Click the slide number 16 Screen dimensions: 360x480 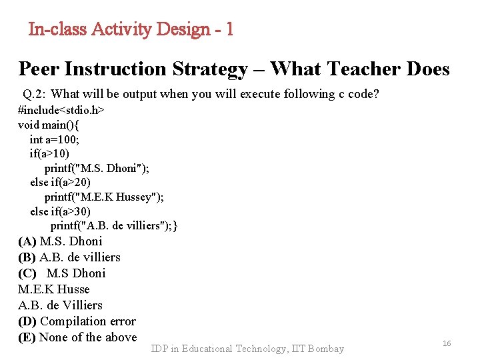447,343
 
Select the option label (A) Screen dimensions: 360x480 27,241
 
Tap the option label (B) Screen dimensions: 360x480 27,257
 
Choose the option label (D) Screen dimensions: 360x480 27,321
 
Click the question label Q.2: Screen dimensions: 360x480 34,94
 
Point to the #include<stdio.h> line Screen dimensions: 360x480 61,109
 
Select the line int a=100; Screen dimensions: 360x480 55,139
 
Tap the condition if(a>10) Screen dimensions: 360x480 49,153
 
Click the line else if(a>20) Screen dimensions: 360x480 61,182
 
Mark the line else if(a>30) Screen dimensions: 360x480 61,211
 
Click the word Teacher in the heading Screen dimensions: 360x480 348,69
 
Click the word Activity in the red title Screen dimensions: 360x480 122,29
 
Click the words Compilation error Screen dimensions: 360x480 88,321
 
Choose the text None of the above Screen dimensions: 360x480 88,337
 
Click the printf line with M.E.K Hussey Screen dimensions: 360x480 104,197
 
